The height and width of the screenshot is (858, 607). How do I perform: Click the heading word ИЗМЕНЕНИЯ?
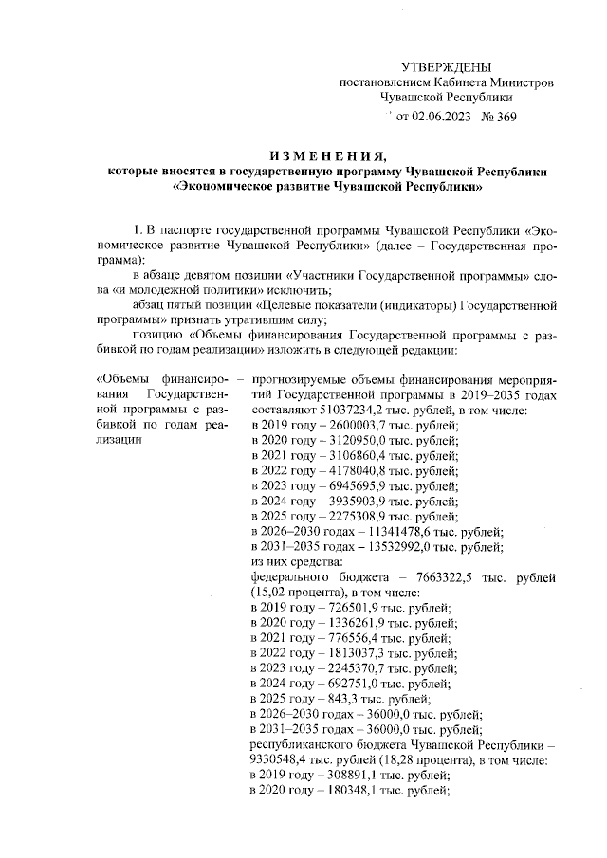(328, 155)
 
